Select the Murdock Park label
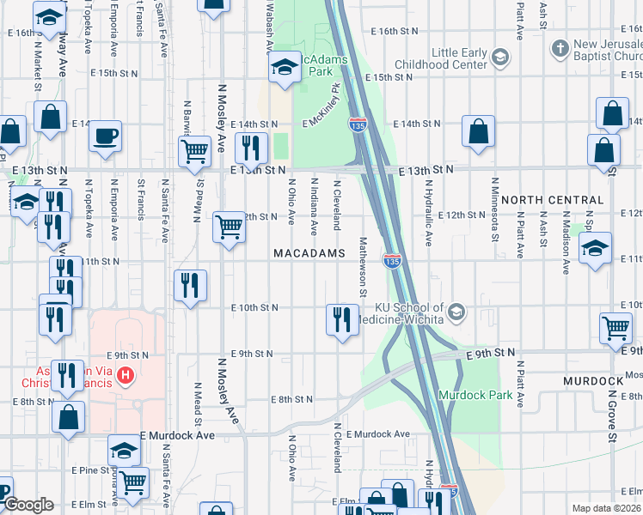tap(475, 395)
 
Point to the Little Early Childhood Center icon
tap(499, 58)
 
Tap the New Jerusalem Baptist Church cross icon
tap(560, 45)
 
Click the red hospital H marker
tap(126, 375)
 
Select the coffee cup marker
tap(105, 136)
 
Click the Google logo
tap(28, 505)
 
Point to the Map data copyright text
tap(606, 508)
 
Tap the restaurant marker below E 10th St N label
tap(341, 319)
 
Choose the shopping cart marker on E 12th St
tap(229, 227)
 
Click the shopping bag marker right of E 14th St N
tap(478, 130)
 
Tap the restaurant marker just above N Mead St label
tap(190, 286)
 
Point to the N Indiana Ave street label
tap(315, 204)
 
